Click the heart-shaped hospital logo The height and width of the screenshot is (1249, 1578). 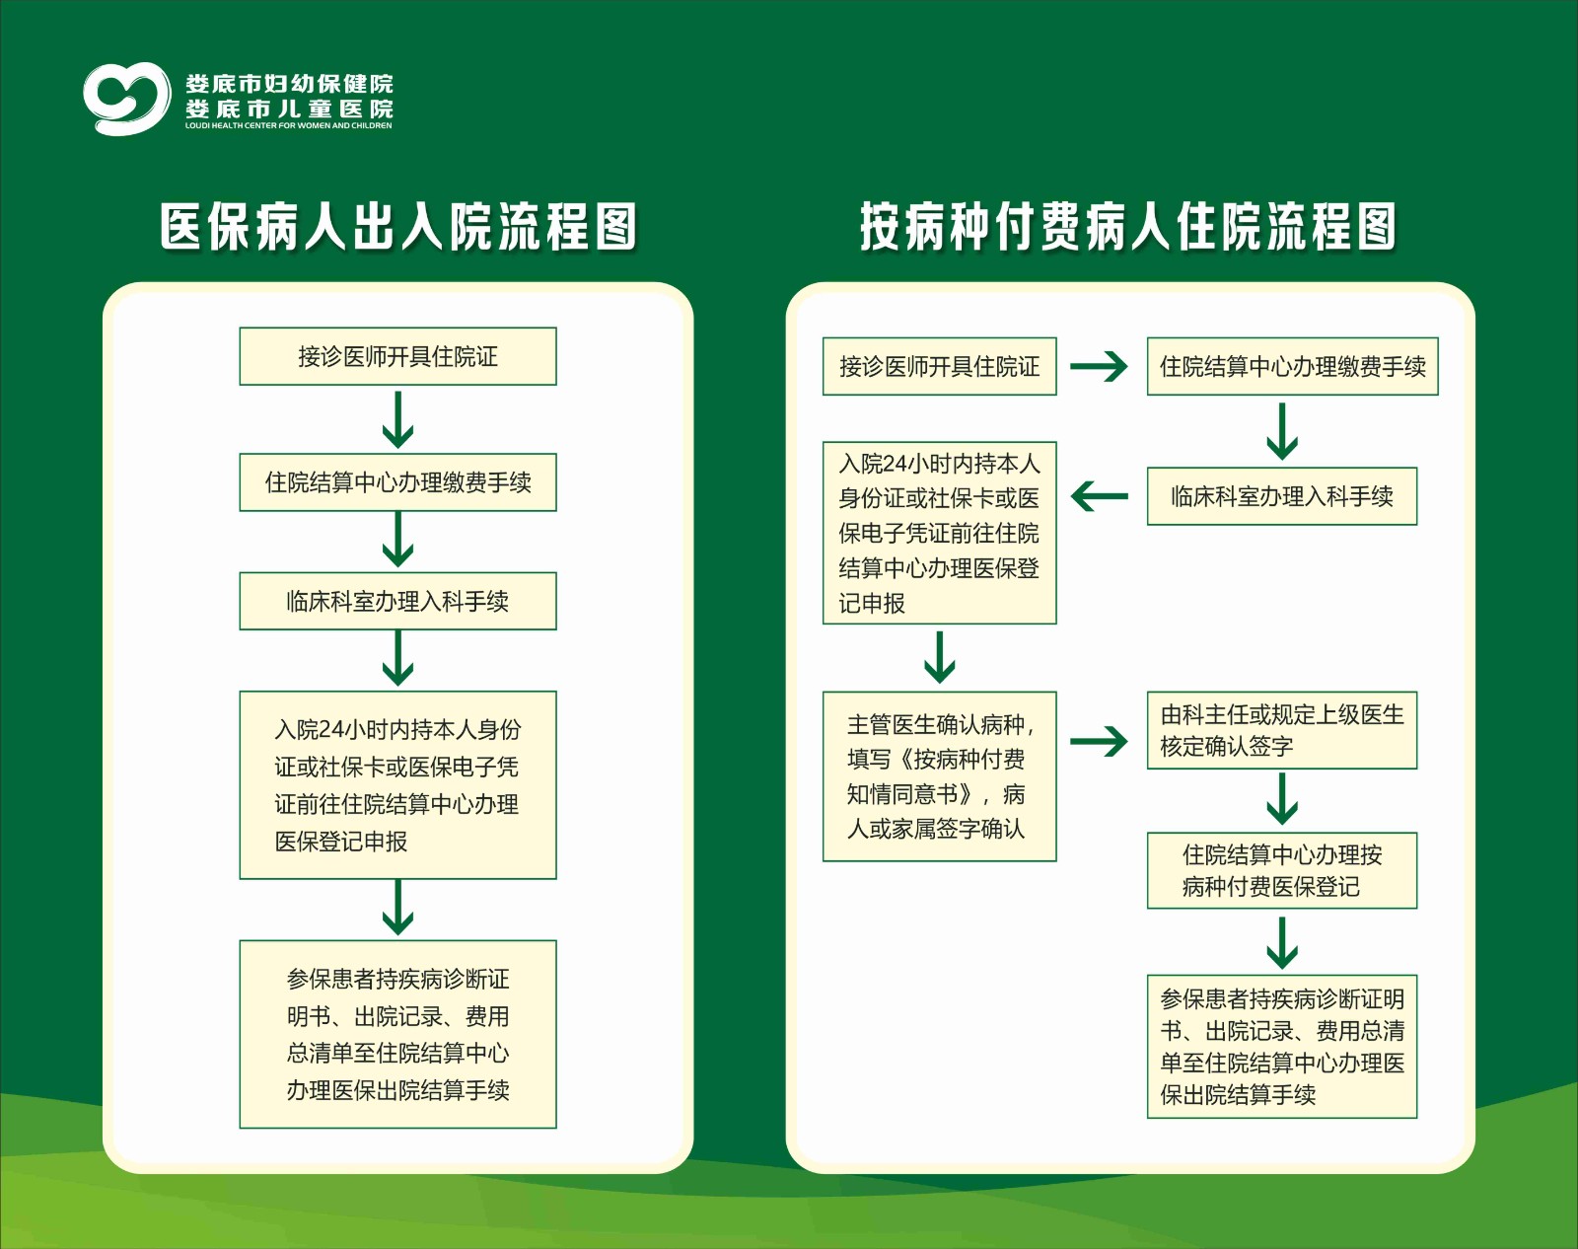pos(127,99)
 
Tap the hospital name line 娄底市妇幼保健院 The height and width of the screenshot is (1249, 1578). pos(289,84)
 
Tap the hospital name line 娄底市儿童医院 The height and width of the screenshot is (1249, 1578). pos(289,109)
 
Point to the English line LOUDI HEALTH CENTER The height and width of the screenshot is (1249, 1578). pos(288,125)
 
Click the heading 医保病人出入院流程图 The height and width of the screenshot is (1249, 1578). pos(398,227)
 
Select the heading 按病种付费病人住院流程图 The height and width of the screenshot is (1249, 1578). pos(1127,227)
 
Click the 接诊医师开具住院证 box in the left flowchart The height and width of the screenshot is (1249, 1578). pos(398,356)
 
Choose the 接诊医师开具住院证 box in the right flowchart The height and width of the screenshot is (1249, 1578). pos(939,366)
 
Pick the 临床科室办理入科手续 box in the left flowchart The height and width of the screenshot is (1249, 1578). pos(398,602)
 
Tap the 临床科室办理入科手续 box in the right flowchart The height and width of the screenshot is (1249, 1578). pos(1282,496)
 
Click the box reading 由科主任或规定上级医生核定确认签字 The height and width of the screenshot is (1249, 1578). pos(1282,730)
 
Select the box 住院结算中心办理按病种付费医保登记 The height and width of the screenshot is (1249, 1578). pos(1282,870)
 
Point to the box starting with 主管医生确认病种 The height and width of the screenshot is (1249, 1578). pos(939,776)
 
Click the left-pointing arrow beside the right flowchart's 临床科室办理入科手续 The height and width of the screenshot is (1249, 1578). pos(1100,496)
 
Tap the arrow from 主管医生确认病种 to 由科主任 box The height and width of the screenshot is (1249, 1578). pos(1099,742)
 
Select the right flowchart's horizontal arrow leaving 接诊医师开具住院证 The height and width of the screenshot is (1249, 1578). pos(1099,366)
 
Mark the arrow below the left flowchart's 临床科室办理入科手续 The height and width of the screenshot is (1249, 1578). pos(398,659)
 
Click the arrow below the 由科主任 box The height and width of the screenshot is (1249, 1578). pos(1282,799)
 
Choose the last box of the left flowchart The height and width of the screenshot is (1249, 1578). pos(398,1034)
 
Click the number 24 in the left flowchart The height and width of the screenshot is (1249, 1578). pos(331,730)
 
